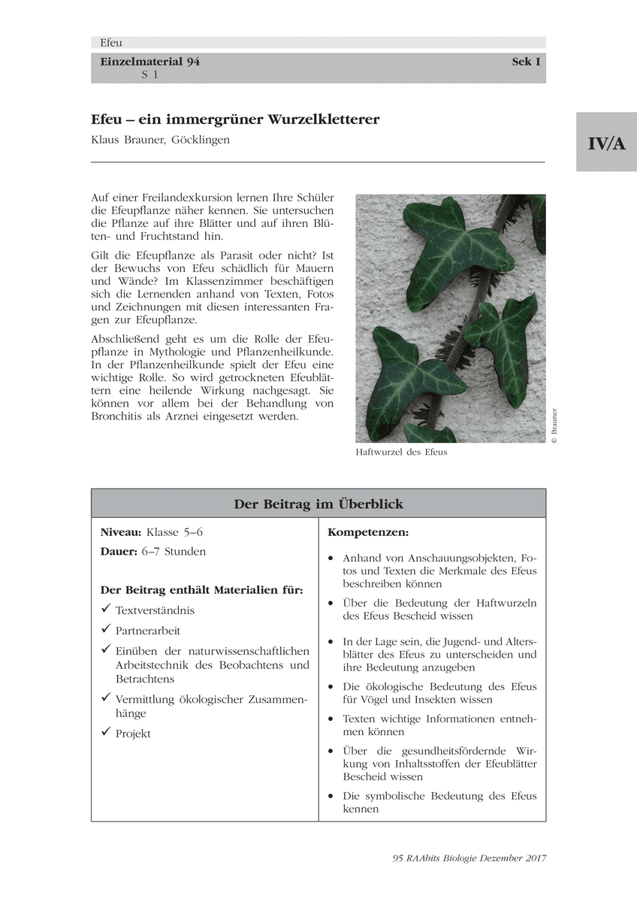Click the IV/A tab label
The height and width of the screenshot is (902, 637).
[x=606, y=143]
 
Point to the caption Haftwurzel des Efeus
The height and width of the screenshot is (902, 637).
[x=401, y=453]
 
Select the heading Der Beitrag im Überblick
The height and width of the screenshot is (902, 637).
[x=318, y=504]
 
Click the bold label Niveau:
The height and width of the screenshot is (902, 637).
[x=121, y=532]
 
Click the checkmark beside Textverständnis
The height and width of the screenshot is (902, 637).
[x=105, y=610]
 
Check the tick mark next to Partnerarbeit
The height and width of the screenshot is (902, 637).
[x=105, y=631]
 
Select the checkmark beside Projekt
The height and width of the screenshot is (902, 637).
[x=105, y=733]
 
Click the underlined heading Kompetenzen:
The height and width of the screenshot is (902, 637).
[x=368, y=532]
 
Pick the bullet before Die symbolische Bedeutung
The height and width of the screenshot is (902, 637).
[x=331, y=796]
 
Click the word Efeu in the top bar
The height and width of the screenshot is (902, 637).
[x=110, y=43]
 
